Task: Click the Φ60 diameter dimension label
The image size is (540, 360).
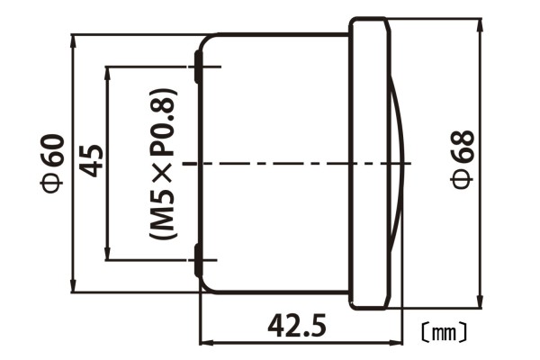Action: pos(52,163)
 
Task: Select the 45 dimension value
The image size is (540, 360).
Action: pos(91,162)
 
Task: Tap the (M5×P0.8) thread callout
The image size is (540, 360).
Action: pos(165,163)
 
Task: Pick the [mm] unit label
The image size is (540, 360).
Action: pos(444,332)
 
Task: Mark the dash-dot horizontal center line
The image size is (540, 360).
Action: pos(297,164)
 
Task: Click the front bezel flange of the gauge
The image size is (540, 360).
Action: pos(369,164)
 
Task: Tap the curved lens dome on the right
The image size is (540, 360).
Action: pos(401,164)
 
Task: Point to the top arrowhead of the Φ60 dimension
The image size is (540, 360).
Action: pos(73,40)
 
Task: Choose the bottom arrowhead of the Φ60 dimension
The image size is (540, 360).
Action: pos(73,286)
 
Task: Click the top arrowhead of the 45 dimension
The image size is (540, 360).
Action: pos(107,71)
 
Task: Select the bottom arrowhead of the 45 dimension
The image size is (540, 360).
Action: pos(107,255)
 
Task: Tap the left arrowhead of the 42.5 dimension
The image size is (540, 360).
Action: pos(204,342)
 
